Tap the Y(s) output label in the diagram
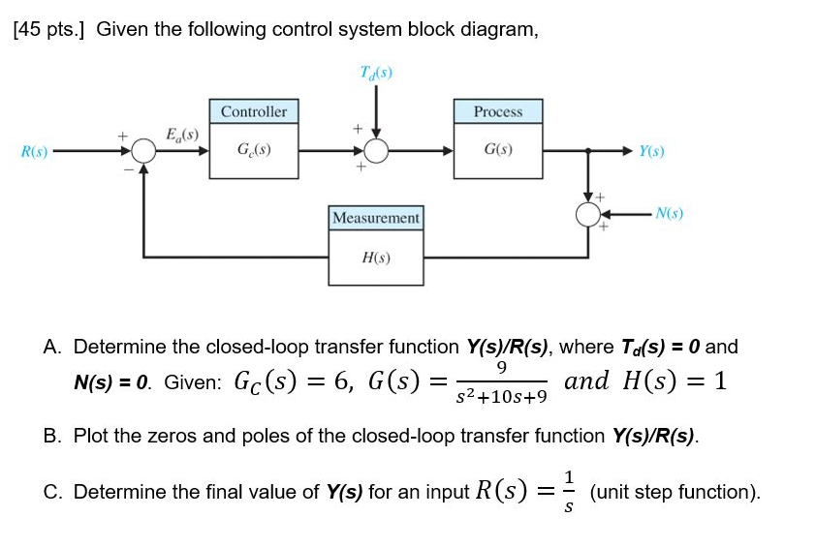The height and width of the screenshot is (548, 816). coord(651,151)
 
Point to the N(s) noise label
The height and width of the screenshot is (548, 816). coord(669,213)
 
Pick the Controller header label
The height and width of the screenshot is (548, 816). coord(254,111)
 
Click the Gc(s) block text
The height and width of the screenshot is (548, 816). coord(254,151)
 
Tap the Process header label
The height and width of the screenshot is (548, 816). coord(498,111)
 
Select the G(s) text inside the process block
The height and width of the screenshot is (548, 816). coord(498,151)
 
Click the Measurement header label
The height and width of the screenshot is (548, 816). coord(376,219)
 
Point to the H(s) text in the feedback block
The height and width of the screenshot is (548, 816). coord(376,259)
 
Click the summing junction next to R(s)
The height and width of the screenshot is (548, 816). coord(144,151)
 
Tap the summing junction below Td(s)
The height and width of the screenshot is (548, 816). coord(376,151)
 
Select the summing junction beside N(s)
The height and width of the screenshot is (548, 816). coord(588,214)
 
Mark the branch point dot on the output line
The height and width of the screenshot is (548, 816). coord(588,151)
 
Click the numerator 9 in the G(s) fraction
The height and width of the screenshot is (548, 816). coord(500,367)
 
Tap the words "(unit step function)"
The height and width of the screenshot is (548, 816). coord(675,492)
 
